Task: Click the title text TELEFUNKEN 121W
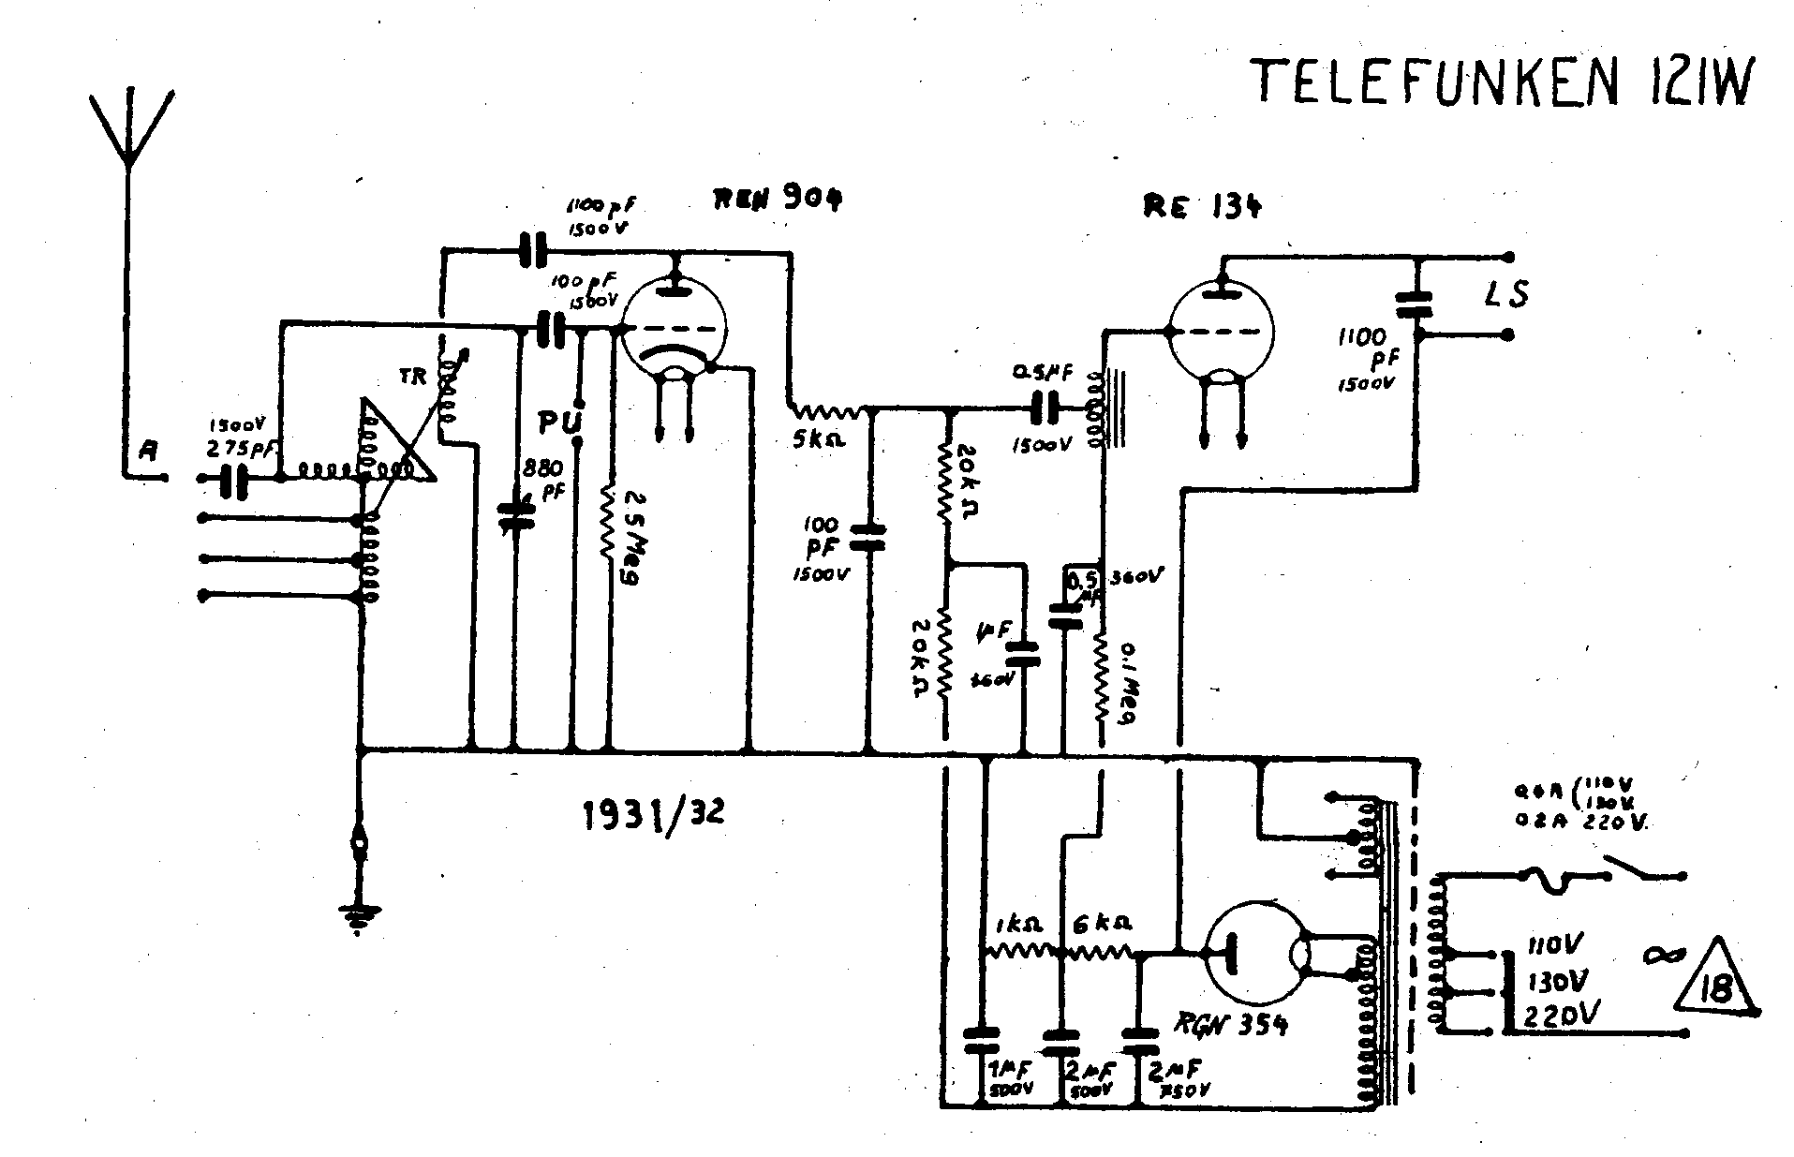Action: [x=1499, y=82]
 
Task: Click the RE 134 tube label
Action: [x=1202, y=207]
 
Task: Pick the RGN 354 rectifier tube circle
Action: [x=1253, y=965]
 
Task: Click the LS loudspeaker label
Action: [x=1506, y=294]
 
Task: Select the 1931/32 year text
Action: [x=653, y=815]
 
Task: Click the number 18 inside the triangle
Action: [x=1716, y=989]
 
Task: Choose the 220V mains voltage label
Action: [x=1561, y=1016]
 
